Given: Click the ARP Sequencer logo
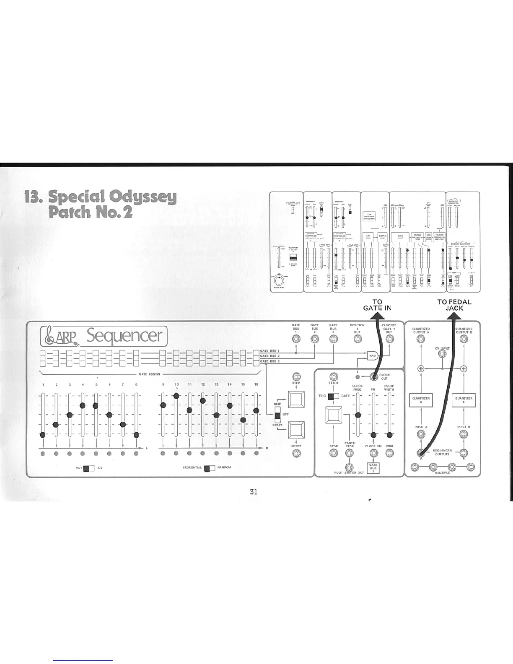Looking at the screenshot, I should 103,336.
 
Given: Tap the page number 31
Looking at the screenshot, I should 253,492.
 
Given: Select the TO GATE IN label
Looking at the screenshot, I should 377,305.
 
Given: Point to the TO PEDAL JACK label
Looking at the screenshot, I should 454,305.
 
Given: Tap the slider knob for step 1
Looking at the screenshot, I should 42,435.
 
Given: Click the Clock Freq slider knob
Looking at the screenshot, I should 358,415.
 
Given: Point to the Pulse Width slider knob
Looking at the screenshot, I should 390,435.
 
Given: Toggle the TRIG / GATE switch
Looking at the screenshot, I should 334,396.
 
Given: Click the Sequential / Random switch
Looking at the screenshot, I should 210,468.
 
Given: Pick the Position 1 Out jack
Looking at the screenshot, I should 357,339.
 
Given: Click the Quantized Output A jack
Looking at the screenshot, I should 420,339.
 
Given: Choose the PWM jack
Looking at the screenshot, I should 390,453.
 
